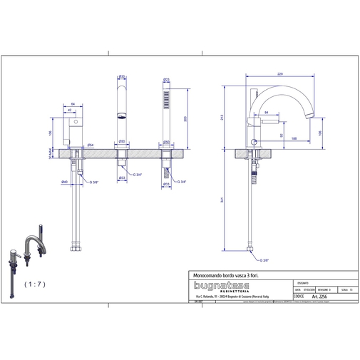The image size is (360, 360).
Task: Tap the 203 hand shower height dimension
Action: tap(185, 120)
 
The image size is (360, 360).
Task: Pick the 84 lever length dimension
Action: tap(266, 112)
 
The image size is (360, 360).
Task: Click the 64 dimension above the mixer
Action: tap(74, 104)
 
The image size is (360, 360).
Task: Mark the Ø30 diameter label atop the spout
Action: tap(121, 76)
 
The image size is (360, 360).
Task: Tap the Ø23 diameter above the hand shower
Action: tap(166, 78)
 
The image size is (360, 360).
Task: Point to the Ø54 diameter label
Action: tap(91, 145)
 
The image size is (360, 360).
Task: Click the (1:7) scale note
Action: tap(34, 284)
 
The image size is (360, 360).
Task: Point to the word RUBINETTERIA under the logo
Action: tap(223, 290)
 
